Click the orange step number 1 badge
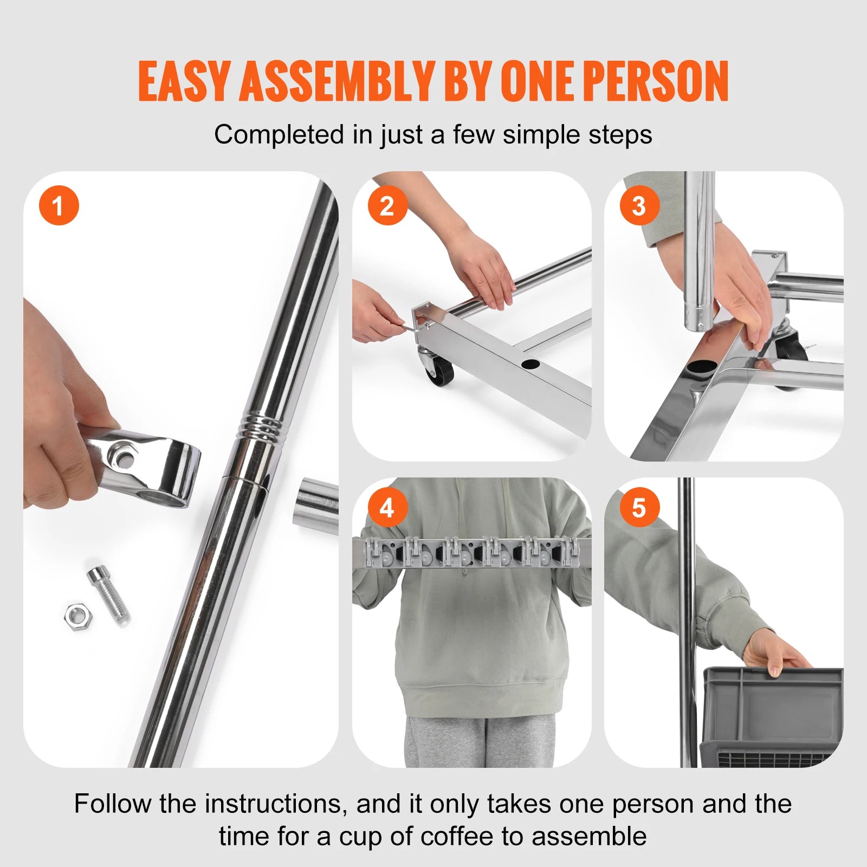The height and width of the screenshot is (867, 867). point(59,206)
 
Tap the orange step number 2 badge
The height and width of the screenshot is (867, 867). point(387,206)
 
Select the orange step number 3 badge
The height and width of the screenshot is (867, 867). point(639,206)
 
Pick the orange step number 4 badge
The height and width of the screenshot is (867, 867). point(387,508)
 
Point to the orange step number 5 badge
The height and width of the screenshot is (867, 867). point(639,508)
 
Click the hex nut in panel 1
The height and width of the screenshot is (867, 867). point(78,616)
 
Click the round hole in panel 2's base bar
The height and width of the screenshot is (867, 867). point(530,364)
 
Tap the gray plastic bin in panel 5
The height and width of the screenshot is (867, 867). point(772,715)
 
